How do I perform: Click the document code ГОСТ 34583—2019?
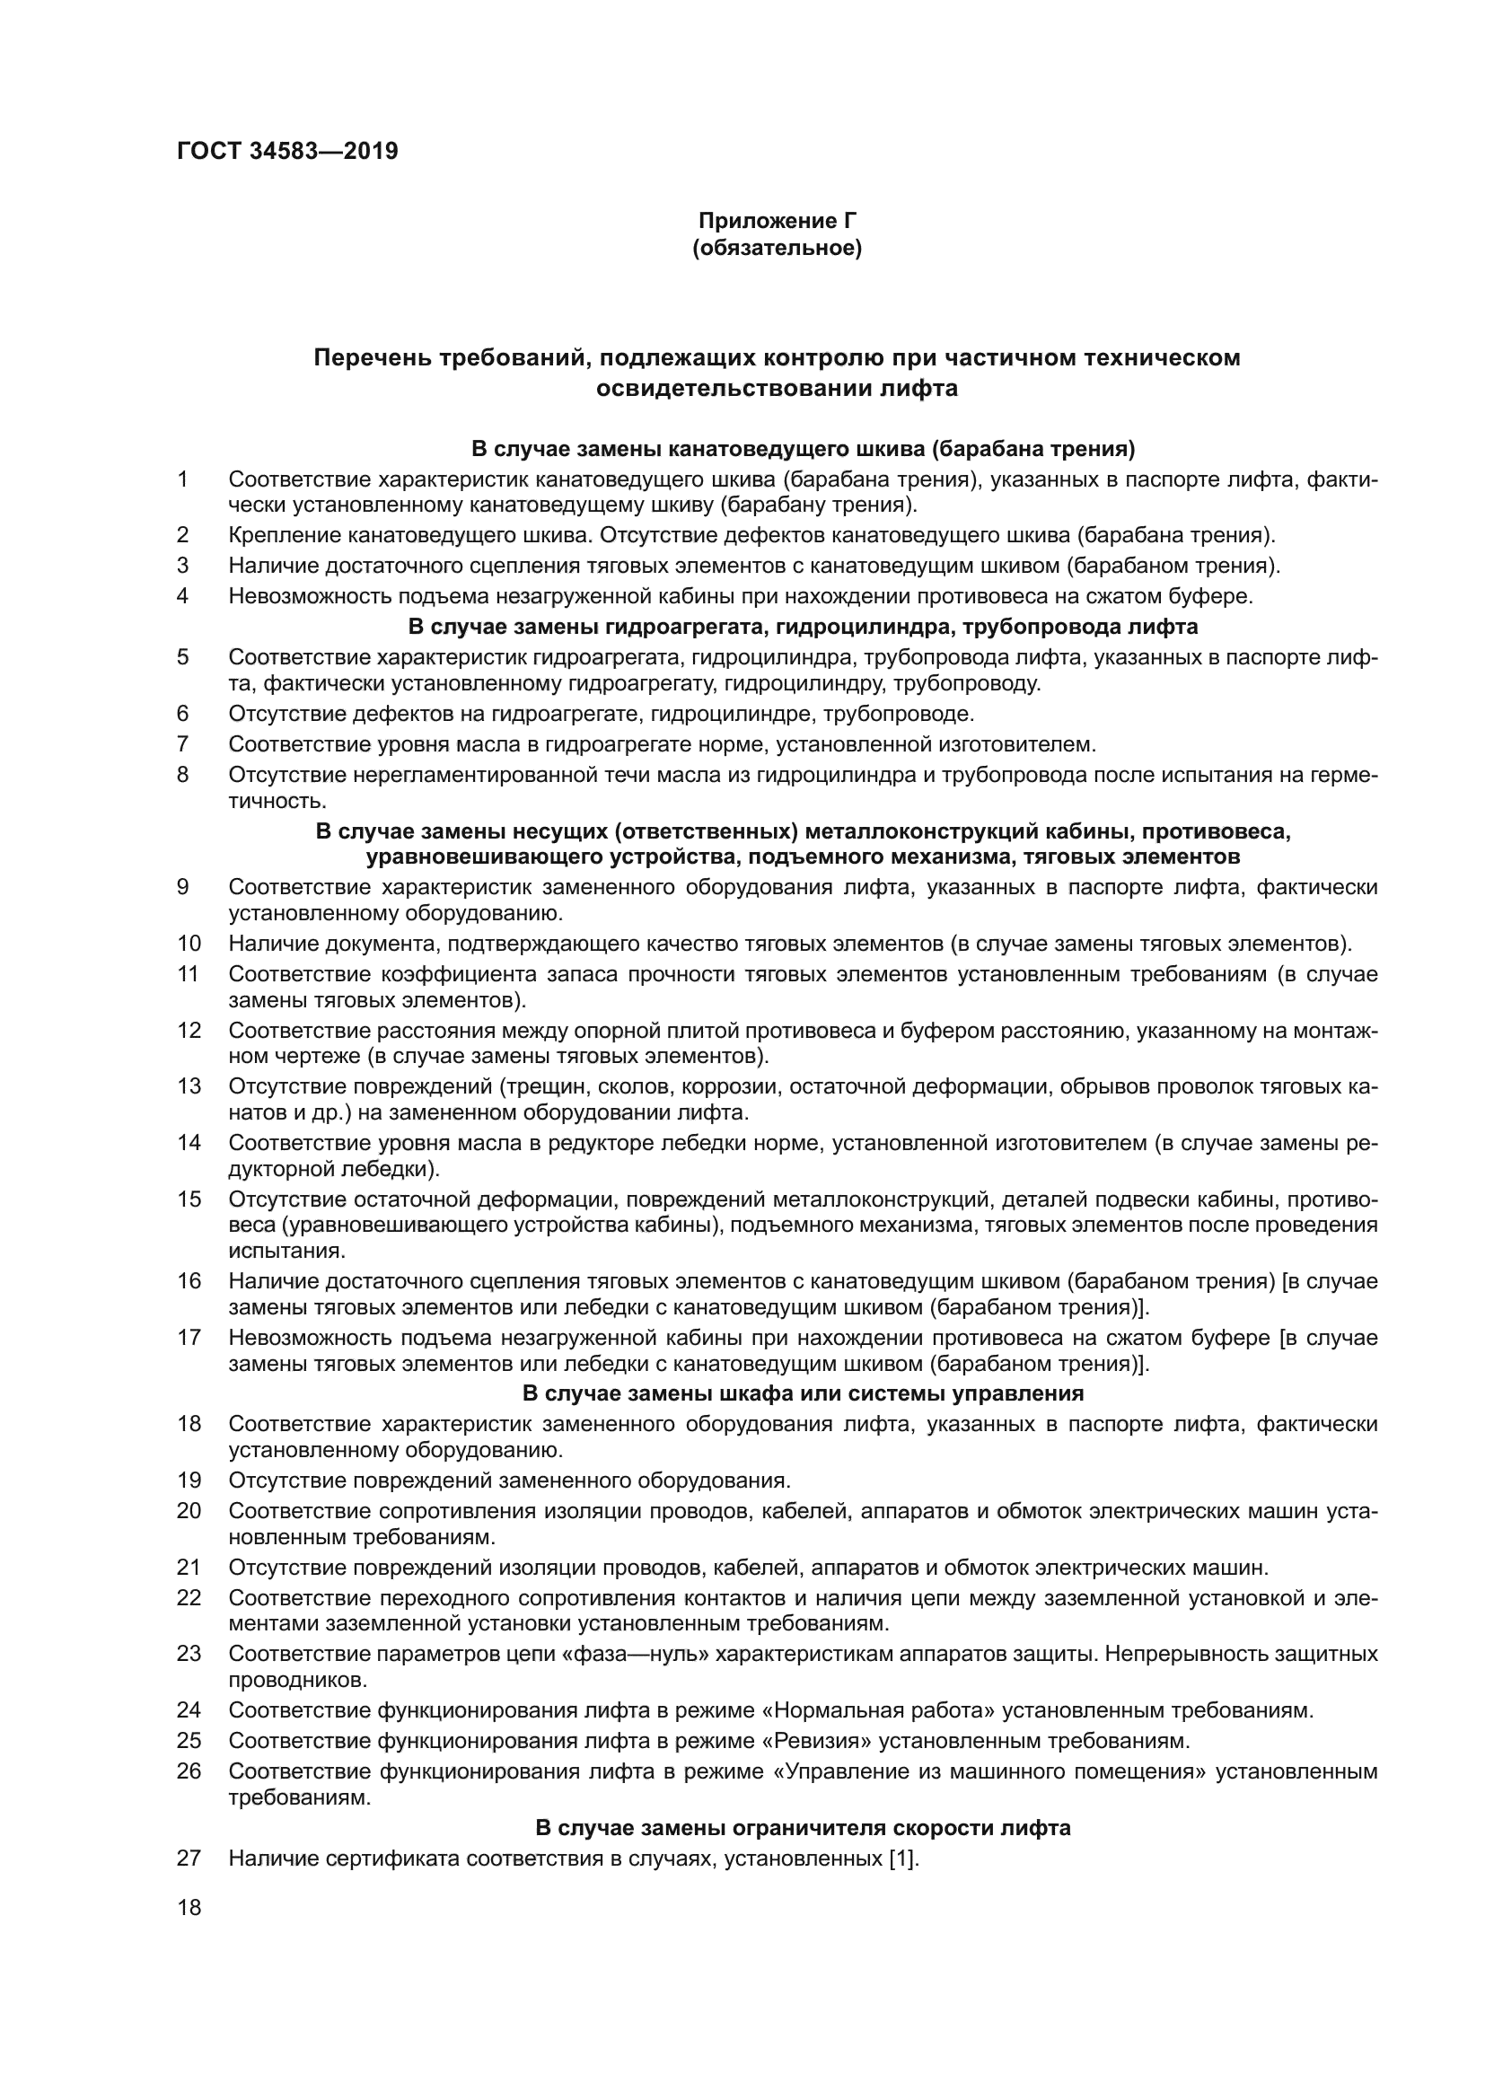287,151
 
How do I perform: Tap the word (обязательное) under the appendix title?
777,248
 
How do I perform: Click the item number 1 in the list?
183,479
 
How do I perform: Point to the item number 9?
183,886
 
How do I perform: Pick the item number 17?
189,1338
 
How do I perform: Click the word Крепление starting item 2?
274,535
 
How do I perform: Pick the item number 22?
189,1598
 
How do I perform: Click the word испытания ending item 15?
285,1251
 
